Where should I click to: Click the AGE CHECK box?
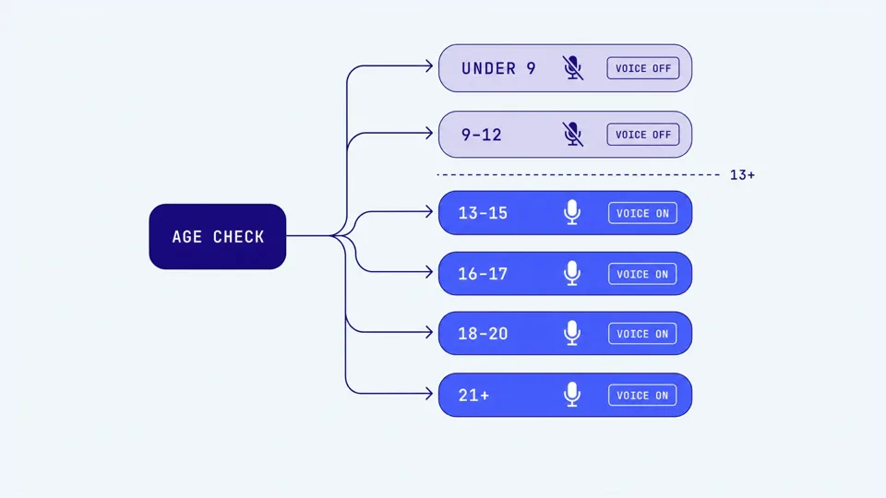coord(218,237)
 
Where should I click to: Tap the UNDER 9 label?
coord(498,68)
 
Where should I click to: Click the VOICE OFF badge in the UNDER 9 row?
coord(643,68)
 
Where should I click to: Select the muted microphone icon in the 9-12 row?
coord(572,135)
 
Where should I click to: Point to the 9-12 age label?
coord(482,135)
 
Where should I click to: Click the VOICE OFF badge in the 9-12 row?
coord(643,135)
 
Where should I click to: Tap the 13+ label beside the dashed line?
coord(742,175)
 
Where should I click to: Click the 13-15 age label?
coord(483,213)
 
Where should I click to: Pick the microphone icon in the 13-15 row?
coord(572,212)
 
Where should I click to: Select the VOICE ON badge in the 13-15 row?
coord(642,213)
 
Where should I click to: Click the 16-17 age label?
coord(483,274)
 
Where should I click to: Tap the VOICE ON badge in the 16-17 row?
coord(642,274)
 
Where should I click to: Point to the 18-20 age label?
coord(483,334)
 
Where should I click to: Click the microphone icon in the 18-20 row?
coord(572,333)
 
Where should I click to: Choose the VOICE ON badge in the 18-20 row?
coord(642,334)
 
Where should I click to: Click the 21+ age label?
coord(473,396)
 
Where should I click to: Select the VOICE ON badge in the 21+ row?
coord(642,396)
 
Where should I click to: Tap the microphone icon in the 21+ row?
coord(572,395)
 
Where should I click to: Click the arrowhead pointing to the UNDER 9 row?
coord(429,66)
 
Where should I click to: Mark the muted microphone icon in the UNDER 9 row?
coord(572,67)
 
